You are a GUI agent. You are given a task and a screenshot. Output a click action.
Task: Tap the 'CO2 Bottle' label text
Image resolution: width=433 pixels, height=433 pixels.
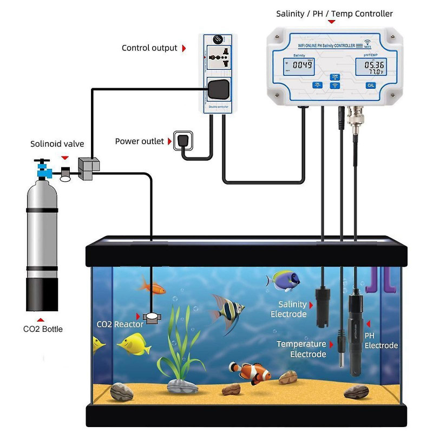pos(43,329)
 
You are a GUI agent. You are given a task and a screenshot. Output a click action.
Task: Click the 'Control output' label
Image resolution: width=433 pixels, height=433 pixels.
pos(149,48)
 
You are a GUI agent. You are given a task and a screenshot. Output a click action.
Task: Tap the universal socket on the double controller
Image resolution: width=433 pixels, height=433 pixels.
pos(218,58)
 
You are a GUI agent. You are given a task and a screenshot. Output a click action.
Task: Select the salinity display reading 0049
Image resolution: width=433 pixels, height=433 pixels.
pos(301,65)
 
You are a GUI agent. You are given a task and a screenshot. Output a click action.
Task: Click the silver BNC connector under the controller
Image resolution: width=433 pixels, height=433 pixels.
pos(356,116)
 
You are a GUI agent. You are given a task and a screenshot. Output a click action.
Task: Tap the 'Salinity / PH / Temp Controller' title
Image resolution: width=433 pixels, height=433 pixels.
pos(334,14)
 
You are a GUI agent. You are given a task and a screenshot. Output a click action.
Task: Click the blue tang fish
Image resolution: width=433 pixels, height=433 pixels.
pos(284,280)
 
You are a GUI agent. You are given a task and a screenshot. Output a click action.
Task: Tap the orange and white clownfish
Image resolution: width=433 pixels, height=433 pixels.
pos(251,372)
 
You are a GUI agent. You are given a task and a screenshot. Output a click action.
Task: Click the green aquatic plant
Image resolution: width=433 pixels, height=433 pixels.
pos(180,346)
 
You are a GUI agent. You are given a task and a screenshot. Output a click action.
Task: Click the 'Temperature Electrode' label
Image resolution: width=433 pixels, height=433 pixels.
pos(301,349)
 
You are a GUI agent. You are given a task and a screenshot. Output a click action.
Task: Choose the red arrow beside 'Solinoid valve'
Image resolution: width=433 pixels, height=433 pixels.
pos(65,158)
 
